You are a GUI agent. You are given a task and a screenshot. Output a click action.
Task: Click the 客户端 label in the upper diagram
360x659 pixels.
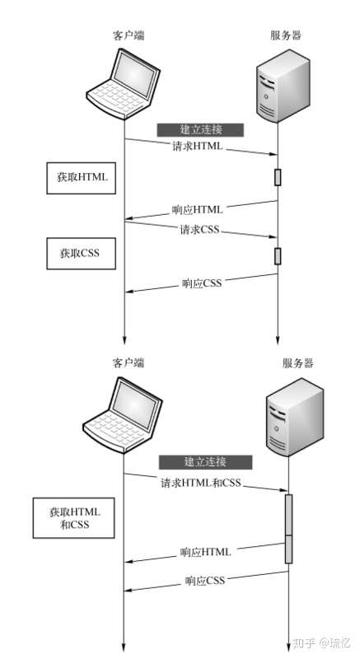(129, 35)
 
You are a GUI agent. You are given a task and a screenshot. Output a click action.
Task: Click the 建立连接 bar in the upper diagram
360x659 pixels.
(201, 129)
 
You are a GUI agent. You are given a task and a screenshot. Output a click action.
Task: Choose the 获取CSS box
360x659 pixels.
(79, 253)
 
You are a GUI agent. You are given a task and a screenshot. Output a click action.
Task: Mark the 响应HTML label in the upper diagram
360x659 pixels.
(198, 210)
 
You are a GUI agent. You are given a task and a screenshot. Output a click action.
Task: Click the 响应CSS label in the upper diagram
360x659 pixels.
(203, 284)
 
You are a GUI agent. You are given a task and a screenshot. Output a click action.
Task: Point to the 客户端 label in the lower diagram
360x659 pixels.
(129, 362)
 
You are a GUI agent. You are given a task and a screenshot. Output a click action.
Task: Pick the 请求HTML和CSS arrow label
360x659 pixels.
(202, 482)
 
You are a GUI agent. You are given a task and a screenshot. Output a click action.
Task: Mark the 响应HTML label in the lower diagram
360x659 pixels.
(206, 551)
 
